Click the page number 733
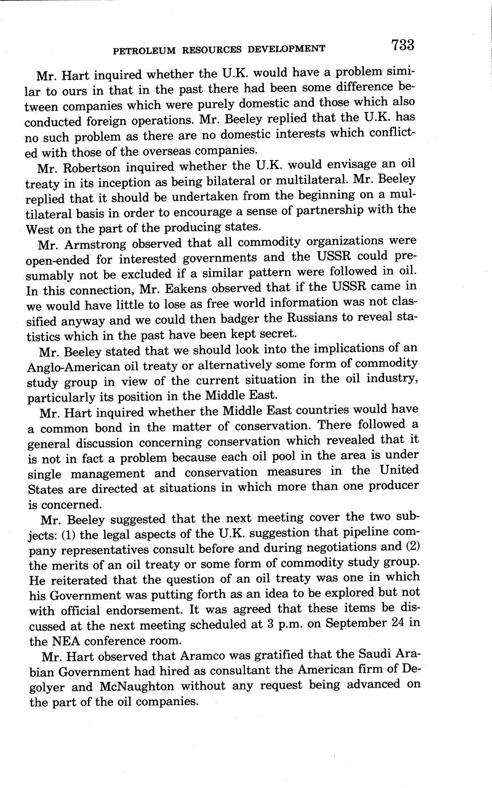coord(403,45)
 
